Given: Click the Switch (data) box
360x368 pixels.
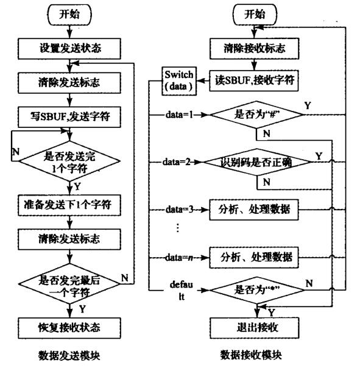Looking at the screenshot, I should coord(178,80).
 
